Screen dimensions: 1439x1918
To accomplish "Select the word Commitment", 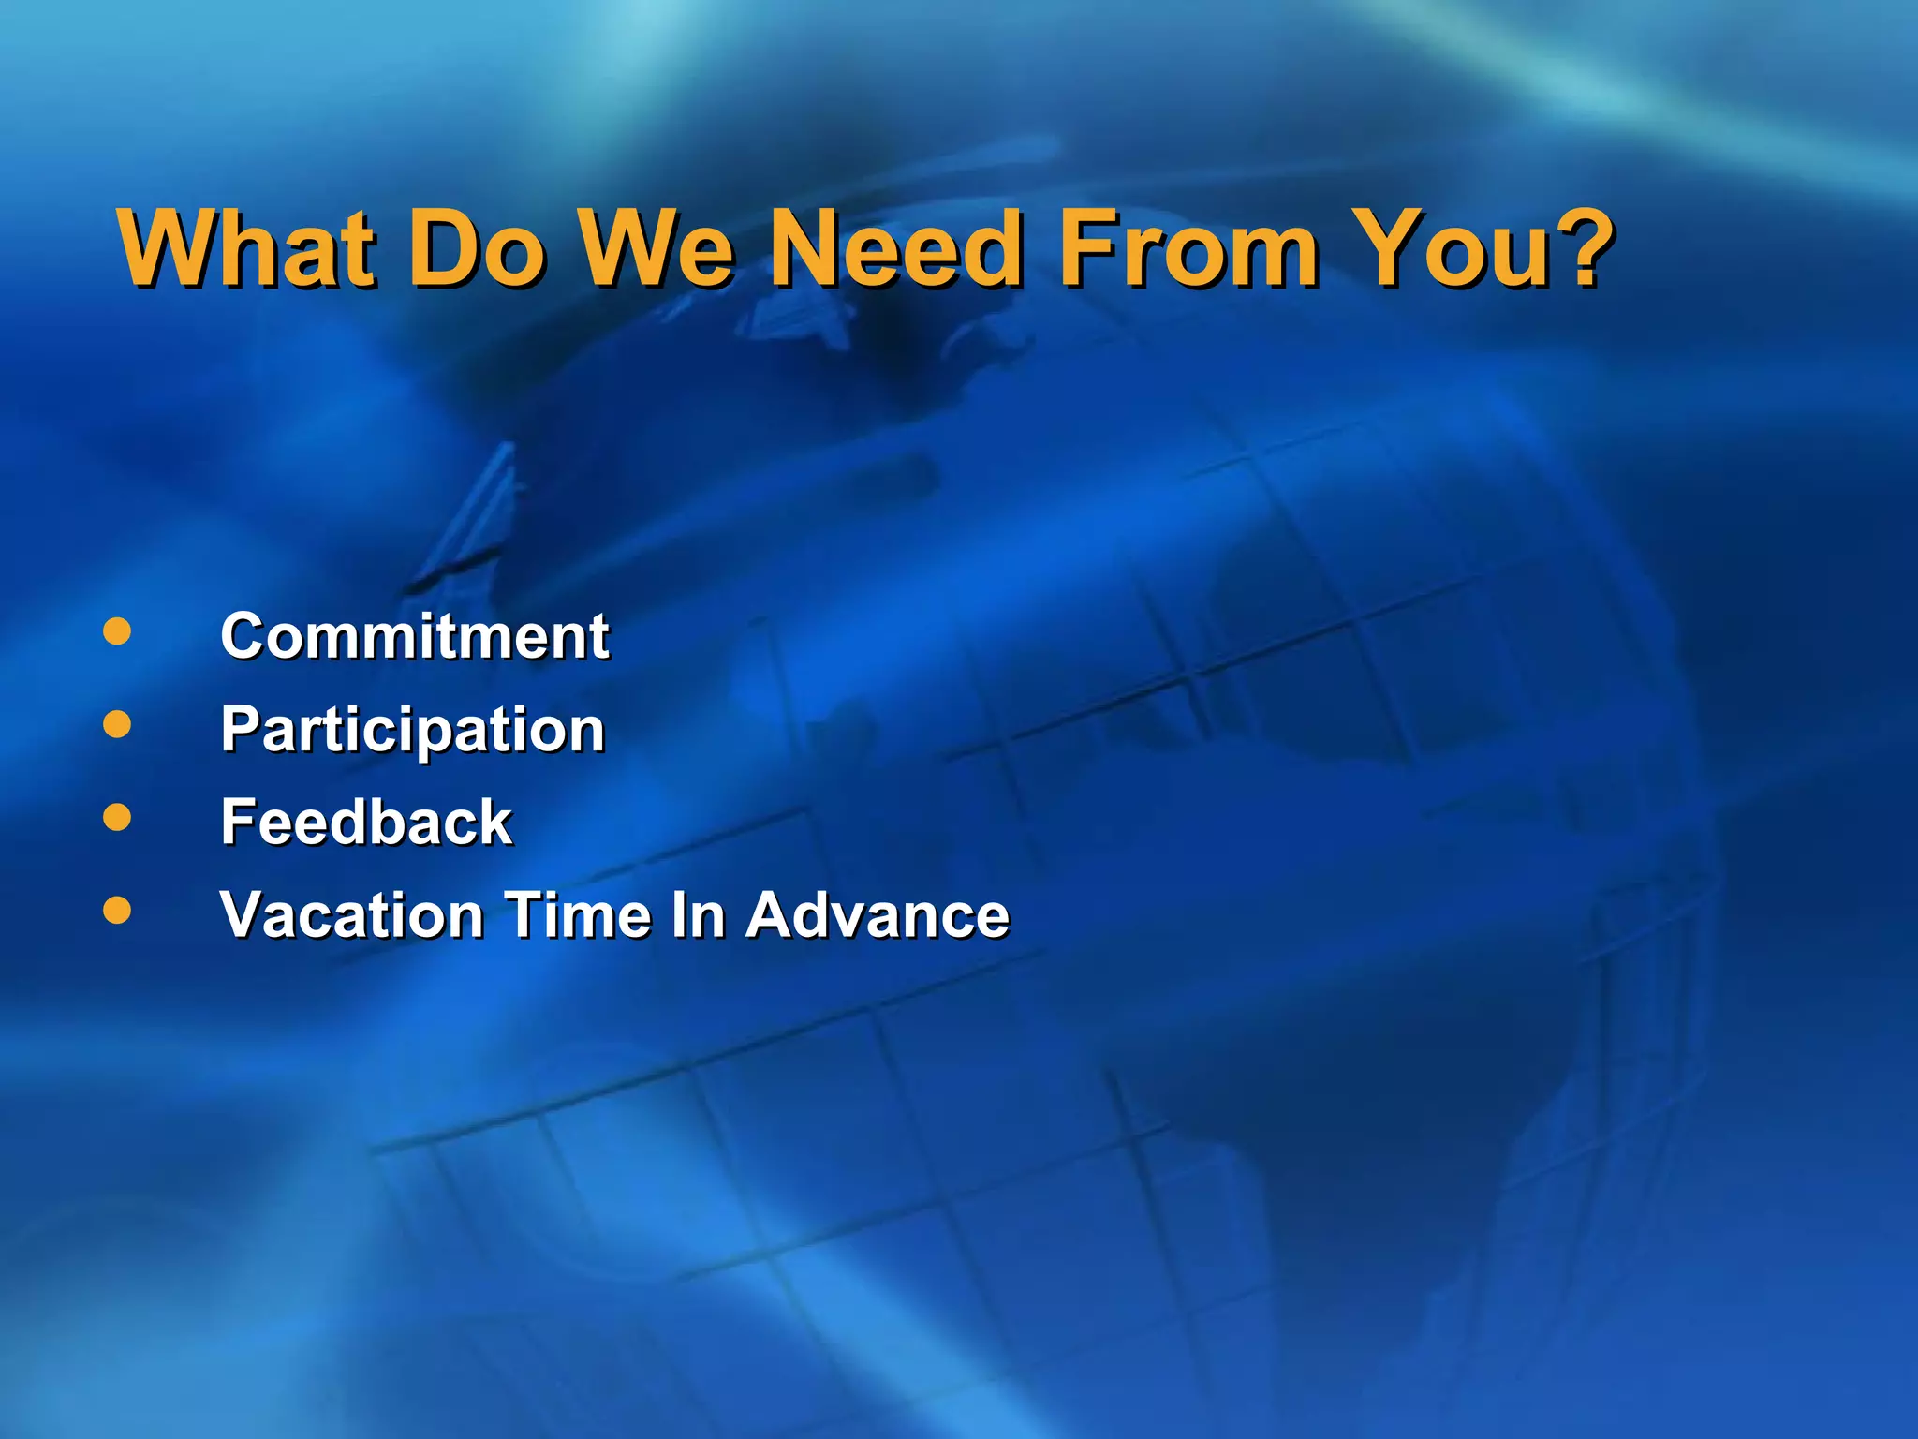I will (414, 636).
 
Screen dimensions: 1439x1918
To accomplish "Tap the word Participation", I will (412, 730).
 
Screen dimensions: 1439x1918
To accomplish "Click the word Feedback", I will (365, 822).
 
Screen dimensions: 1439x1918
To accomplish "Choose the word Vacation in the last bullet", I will (351, 914).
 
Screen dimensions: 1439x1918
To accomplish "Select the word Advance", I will (878, 914).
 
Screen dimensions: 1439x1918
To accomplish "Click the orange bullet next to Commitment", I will (117, 631).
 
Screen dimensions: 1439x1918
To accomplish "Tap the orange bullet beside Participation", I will (117, 724).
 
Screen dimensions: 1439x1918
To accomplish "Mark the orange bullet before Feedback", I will (117, 817).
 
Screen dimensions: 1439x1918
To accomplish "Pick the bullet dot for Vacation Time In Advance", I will (117, 910).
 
